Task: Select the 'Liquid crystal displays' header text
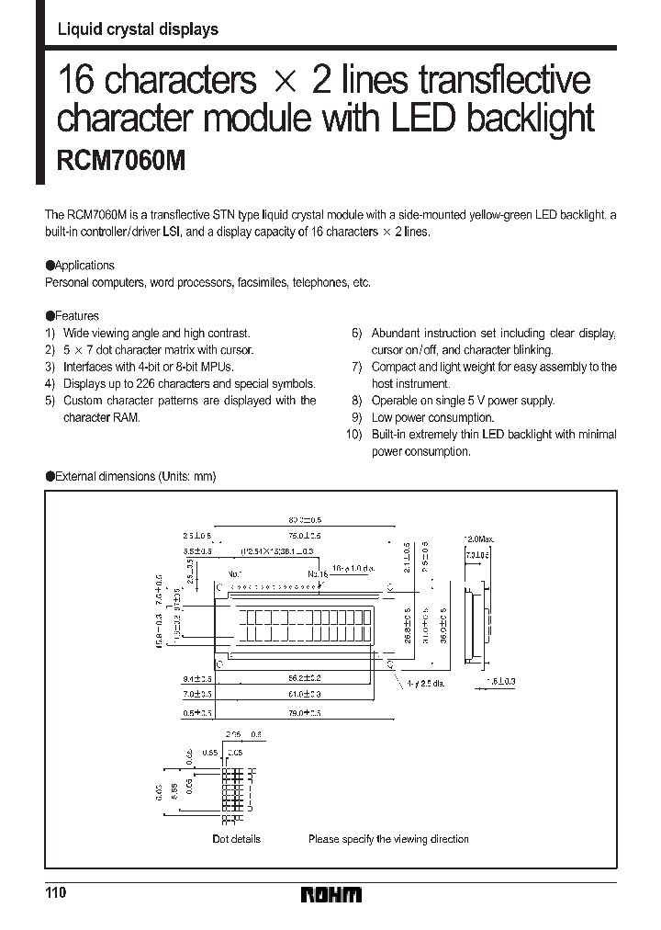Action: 138,29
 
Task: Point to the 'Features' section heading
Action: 77,316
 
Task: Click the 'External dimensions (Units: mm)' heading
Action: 135,477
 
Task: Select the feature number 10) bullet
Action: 354,435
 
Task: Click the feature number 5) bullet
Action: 50,401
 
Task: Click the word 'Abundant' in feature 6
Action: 396,334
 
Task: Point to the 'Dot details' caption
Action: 236,839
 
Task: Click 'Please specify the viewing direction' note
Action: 388,839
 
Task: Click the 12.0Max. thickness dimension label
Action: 480,538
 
